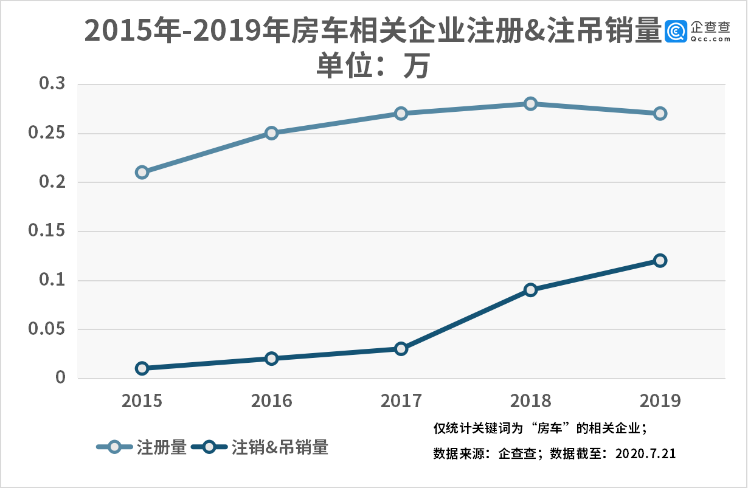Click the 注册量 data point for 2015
pyautogui.click(x=142, y=172)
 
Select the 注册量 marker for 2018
pyautogui.click(x=530, y=103)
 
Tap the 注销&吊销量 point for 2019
pyautogui.click(x=660, y=260)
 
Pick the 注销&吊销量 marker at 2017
pyautogui.click(x=401, y=349)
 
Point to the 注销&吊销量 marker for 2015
pyautogui.click(x=142, y=368)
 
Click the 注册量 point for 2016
pyautogui.click(x=271, y=133)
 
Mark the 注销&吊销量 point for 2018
pyautogui.click(x=530, y=290)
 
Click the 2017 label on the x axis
pyautogui.click(x=401, y=401)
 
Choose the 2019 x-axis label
pyautogui.click(x=660, y=401)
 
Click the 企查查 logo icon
pyautogui.click(x=676, y=32)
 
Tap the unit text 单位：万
pyautogui.click(x=373, y=66)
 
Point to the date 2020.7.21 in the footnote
pyautogui.click(x=646, y=453)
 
